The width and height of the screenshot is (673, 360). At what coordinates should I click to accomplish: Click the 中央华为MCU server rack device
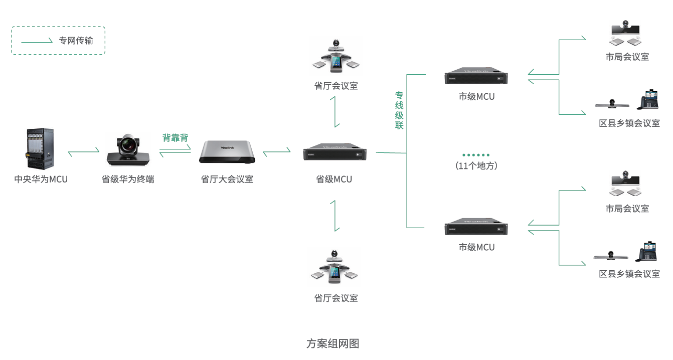(40, 149)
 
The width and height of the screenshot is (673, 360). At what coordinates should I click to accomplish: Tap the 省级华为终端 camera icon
(128, 149)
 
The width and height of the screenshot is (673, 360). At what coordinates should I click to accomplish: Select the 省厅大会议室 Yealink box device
(227, 152)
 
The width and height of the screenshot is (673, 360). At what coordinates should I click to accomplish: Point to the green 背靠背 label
(175, 138)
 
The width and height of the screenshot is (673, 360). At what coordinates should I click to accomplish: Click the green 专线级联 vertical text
(399, 110)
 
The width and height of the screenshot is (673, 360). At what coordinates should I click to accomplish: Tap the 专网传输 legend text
(76, 40)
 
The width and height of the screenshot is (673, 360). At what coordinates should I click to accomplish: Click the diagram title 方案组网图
(332, 343)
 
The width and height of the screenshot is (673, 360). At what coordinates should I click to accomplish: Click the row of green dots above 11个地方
(476, 155)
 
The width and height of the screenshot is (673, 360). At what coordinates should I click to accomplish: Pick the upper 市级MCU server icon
(476, 76)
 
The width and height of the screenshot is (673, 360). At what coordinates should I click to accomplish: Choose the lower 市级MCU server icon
(476, 227)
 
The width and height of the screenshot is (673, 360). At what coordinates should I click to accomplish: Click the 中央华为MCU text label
(41, 179)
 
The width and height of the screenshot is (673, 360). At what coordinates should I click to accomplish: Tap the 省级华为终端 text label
(128, 179)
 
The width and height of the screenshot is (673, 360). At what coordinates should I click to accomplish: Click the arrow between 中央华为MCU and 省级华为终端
(84, 151)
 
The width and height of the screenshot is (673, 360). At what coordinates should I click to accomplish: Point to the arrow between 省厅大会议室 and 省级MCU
(276, 150)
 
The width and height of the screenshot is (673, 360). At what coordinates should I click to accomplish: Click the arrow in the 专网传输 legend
(37, 41)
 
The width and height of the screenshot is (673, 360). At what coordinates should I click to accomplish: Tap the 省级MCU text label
(334, 179)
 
